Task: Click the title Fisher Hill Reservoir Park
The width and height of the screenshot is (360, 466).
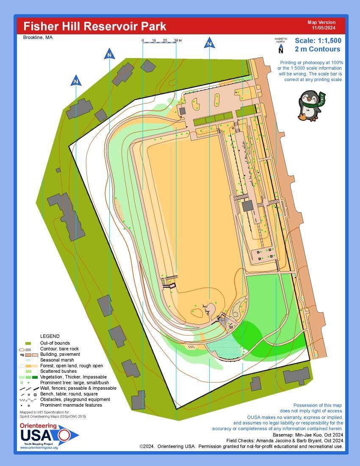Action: pyautogui.click(x=94, y=26)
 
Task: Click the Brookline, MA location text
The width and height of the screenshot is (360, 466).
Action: pyautogui.click(x=38, y=38)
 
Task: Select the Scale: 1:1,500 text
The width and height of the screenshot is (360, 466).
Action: pyautogui.click(x=318, y=41)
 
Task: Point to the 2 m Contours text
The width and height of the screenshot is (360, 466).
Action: pyautogui.click(x=318, y=49)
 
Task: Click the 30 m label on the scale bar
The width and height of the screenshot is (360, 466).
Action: pyautogui.click(x=177, y=40)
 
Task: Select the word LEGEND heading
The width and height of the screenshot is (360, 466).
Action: pyautogui.click(x=50, y=336)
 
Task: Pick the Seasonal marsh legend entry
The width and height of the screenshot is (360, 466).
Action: pyautogui.click(x=57, y=360)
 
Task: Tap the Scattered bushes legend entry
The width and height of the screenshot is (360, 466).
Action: pyautogui.click(x=58, y=371)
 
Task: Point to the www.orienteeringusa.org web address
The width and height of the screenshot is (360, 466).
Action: pyautogui.click(x=39, y=447)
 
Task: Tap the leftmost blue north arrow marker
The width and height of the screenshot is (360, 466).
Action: pyautogui.click(x=76, y=80)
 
